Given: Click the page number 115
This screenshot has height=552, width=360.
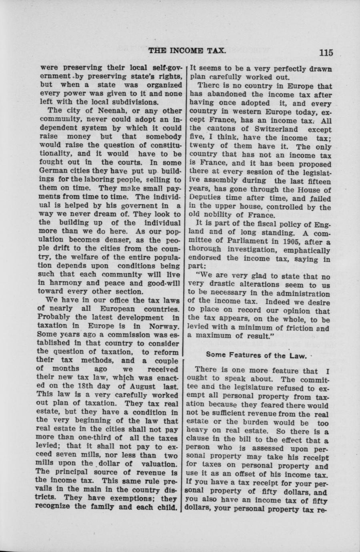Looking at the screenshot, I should click(326, 52).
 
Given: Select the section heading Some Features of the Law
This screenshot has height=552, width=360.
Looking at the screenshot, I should click(256, 355).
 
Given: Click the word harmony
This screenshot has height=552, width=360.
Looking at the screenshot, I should click(64, 283).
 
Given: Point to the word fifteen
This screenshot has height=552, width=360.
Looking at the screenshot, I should click(317, 181).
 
